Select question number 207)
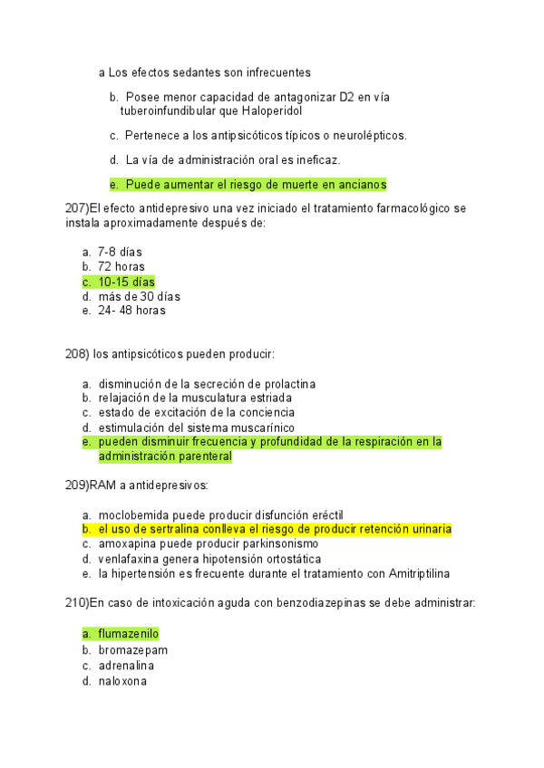(x=79, y=208)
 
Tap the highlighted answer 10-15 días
(x=126, y=282)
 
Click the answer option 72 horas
(x=121, y=266)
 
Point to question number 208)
(x=79, y=354)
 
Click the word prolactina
(x=287, y=384)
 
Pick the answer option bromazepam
(x=132, y=650)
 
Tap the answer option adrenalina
(x=126, y=666)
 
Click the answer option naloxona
(x=122, y=681)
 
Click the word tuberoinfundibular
(x=171, y=110)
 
